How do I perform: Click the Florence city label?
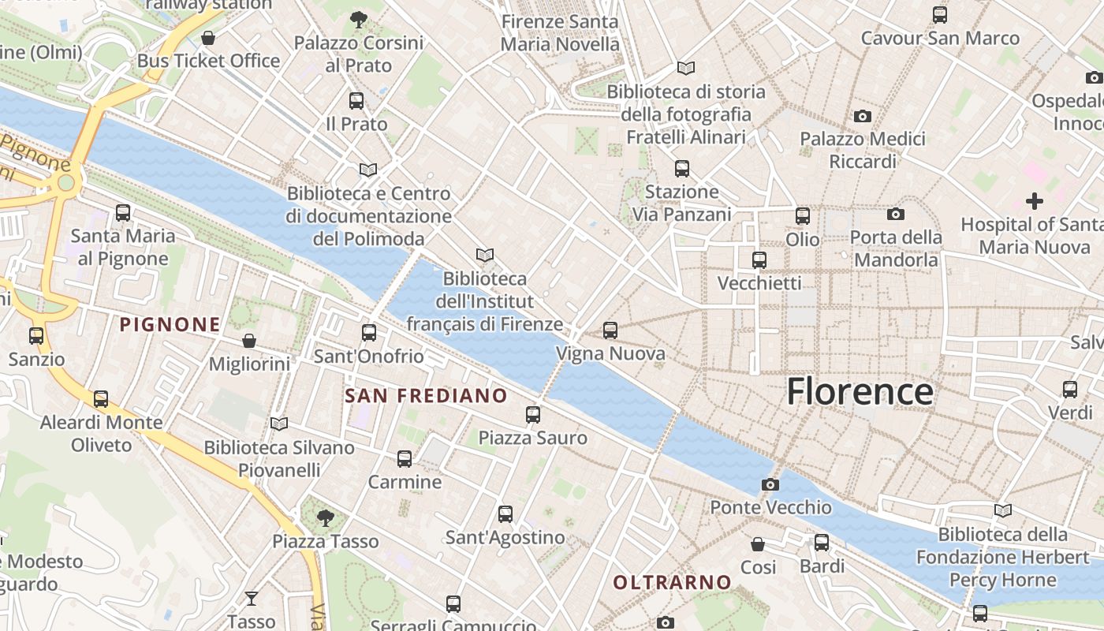point(860,392)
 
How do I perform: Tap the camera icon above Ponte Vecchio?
point(770,484)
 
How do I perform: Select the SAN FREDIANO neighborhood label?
point(426,395)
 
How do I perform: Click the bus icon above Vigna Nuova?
point(610,330)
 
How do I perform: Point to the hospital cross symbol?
point(1034,201)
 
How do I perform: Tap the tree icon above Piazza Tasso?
point(325,518)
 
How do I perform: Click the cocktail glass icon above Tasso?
point(251,599)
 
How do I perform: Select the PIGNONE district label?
point(170,324)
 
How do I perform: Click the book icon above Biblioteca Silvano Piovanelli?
point(279,424)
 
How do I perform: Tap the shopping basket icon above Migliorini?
point(249,341)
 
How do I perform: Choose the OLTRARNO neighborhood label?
point(673,583)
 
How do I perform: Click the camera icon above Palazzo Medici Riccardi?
point(863,116)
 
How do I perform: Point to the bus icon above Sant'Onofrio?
point(369,333)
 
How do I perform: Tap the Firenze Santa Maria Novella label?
point(560,33)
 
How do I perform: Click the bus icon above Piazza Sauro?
point(533,414)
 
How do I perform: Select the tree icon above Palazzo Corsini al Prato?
point(359,18)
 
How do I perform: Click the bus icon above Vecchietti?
point(759,259)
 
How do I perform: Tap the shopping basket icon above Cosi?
point(758,544)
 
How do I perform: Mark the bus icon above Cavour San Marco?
point(939,15)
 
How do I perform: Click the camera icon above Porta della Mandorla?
point(895,214)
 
